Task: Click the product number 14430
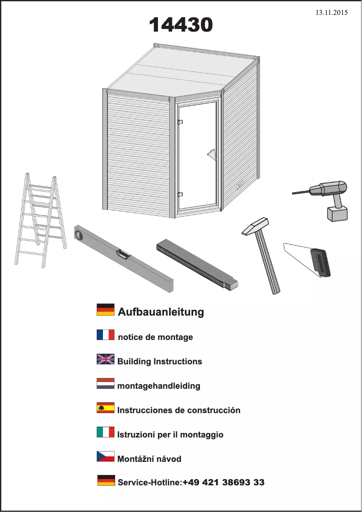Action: [181, 25]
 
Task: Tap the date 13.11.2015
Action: [331, 13]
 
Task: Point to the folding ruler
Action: [197, 265]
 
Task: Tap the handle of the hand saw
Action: [320, 263]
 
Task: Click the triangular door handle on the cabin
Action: [212, 154]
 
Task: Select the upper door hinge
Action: [180, 122]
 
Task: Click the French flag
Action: [106, 335]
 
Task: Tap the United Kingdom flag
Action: [106, 359]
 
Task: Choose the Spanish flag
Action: [106, 408]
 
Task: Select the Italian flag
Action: [106, 432]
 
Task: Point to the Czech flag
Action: [106, 456]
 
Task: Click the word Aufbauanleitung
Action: [161, 312]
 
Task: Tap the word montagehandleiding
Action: [158, 386]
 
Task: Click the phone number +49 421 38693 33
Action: [223, 482]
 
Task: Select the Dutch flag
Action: [106, 383]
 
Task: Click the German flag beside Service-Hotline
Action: [106, 480]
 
